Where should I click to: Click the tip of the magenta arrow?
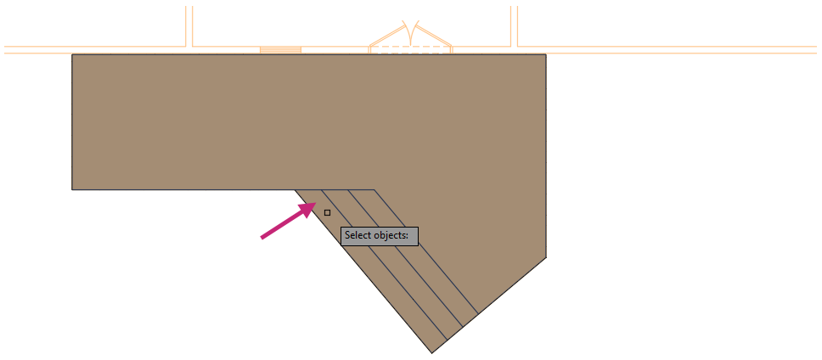(x=314, y=204)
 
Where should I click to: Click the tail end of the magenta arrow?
(x=262, y=238)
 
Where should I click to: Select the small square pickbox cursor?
(x=327, y=212)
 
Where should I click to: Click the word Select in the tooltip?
(x=359, y=235)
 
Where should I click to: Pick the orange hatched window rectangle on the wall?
(x=280, y=50)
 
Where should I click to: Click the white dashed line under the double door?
(x=410, y=51)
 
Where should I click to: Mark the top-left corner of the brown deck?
(x=72, y=55)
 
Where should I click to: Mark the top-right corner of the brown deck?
(x=545, y=55)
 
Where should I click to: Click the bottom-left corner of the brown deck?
(x=72, y=189)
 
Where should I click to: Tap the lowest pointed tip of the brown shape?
(x=431, y=352)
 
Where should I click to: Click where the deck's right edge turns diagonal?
(x=545, y=256)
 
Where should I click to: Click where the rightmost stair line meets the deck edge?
(x=477, y=312)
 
